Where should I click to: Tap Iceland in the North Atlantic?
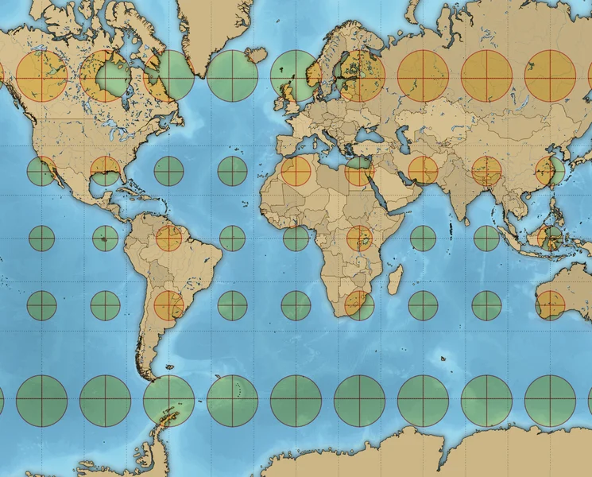tap(255, 56)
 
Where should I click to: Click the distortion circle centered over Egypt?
tap(359, 171)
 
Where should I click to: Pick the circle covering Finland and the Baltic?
tap(359, 76)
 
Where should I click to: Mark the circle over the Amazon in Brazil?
tap(168, 238)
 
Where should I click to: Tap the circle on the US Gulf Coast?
tap(105, 171)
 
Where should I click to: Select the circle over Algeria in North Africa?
tap(296, 171)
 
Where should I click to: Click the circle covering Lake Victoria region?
tap(359, 238)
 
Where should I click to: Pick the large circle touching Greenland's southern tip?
tap(168, 76)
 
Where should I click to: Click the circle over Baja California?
tap(41, 171)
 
